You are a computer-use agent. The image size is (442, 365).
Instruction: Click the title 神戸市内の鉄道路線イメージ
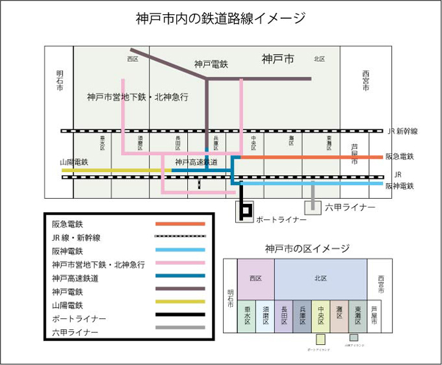pyautogui.click(x=220, y=18)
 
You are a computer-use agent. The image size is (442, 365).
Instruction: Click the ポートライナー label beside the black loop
pyautogui.click(x=281, y=220)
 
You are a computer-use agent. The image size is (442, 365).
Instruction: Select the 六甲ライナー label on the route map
pyautogui.click(x=350, y=207)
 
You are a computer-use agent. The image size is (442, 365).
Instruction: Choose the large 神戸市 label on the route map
pyautogui.click(x=278, y=59)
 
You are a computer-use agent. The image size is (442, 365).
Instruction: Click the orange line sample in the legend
pyautogui.click(x=180, y=223)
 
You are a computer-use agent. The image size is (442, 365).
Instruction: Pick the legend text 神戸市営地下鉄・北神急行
pyautogui.click(x=98, y=264)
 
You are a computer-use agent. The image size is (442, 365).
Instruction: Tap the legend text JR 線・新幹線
pyautogui.click(x=77, y=237)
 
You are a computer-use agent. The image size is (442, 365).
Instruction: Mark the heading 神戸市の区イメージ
pyautogui.click(x=307, y=249)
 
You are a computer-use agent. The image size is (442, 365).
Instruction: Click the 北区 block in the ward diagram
pyautogui.click(x=320, y=279)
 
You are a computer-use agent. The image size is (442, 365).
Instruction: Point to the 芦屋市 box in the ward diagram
pyautogui.click(x=374, y=316)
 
